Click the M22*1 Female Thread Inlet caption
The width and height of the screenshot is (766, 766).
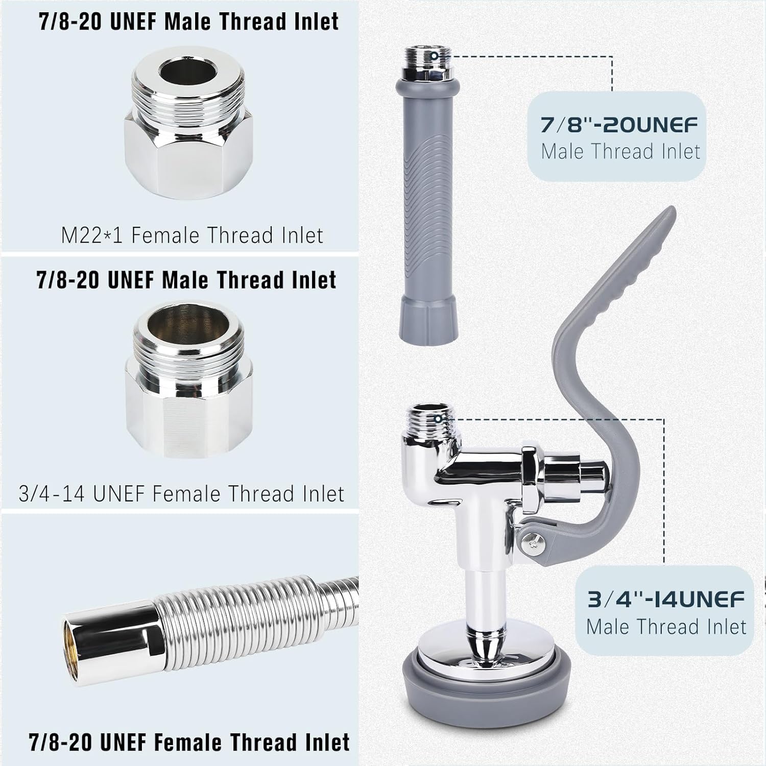coord(192,235)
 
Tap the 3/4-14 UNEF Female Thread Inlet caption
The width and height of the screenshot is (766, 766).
coord(181,494)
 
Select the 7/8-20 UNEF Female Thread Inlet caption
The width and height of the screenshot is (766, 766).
coord(189,742)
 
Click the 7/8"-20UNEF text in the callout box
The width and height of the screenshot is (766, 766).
coord(619,125)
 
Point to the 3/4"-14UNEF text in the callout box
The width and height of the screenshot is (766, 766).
coord(666,599)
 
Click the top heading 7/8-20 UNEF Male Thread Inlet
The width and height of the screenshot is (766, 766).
coord(189,21)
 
